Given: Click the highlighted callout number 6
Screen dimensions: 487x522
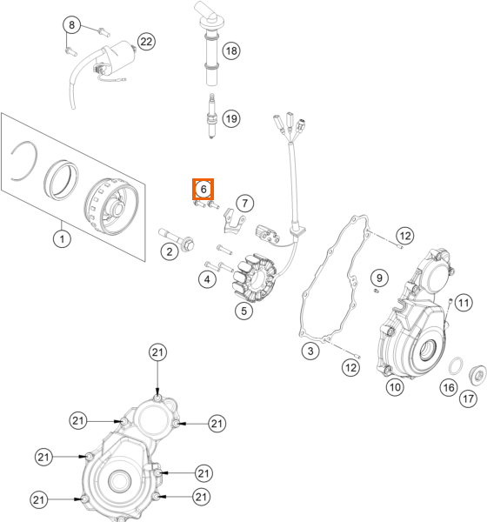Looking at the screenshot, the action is point(203,189).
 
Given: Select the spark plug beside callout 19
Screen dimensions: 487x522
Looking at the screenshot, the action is point(210,117).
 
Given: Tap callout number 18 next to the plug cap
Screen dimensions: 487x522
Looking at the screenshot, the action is point(231,50).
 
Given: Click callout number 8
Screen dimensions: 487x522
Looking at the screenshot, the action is point(71,25).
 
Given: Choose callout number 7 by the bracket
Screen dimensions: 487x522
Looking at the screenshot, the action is point(245,203).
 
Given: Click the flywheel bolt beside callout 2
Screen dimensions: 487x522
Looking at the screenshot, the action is point(177,239).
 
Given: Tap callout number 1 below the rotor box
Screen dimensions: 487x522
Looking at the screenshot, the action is point(62,238).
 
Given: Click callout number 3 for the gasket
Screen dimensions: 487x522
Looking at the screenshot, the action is point(310,351).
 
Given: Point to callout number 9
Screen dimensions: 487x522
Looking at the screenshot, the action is point(379,278).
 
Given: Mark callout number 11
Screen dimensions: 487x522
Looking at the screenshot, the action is point(464,303).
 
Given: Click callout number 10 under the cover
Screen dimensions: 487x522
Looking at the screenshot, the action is point(395,387).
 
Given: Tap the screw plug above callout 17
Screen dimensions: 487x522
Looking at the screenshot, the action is point(477,375).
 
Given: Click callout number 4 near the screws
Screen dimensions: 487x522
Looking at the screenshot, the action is point(207,279).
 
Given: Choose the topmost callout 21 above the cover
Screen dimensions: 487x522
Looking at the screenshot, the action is point(157,352).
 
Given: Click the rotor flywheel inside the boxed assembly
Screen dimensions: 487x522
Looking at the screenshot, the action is point(111,205).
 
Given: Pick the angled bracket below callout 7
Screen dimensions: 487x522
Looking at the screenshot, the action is point(233,221).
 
